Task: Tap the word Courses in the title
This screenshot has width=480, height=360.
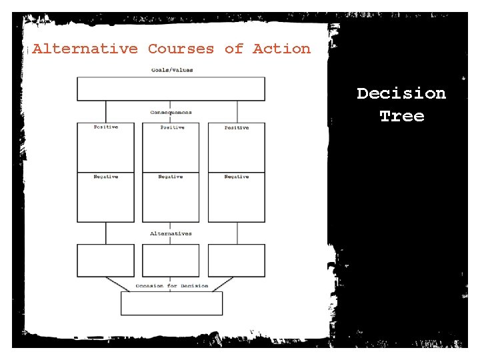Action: (181, 49)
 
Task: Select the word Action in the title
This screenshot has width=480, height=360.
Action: (281, 49)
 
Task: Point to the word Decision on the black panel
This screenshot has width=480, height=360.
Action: (401, 93)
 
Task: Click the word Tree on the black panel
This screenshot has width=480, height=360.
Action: (401, 116)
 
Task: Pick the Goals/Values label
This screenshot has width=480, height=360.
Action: (171, 70)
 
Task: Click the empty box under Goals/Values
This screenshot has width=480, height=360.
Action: (171, 89)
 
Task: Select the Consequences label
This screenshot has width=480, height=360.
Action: (171, 113)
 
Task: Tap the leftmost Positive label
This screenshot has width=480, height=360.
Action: (106, 127)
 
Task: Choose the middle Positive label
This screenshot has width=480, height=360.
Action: (171, 127)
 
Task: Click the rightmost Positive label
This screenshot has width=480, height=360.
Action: (237, 127)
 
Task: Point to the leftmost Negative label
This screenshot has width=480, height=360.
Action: (106, 177)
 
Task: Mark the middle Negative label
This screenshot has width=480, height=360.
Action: (171, 177)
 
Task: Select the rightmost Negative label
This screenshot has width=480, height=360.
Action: (237, 177)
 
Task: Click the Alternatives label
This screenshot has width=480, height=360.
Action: (171, 233)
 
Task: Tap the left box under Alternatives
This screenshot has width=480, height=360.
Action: (105, 261)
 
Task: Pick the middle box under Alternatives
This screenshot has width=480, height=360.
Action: (171, 261)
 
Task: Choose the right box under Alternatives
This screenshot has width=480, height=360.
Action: (236, 261)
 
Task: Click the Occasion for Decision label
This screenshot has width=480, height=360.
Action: (171, 286)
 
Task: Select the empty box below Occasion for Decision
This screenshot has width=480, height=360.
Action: (171, 303)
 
